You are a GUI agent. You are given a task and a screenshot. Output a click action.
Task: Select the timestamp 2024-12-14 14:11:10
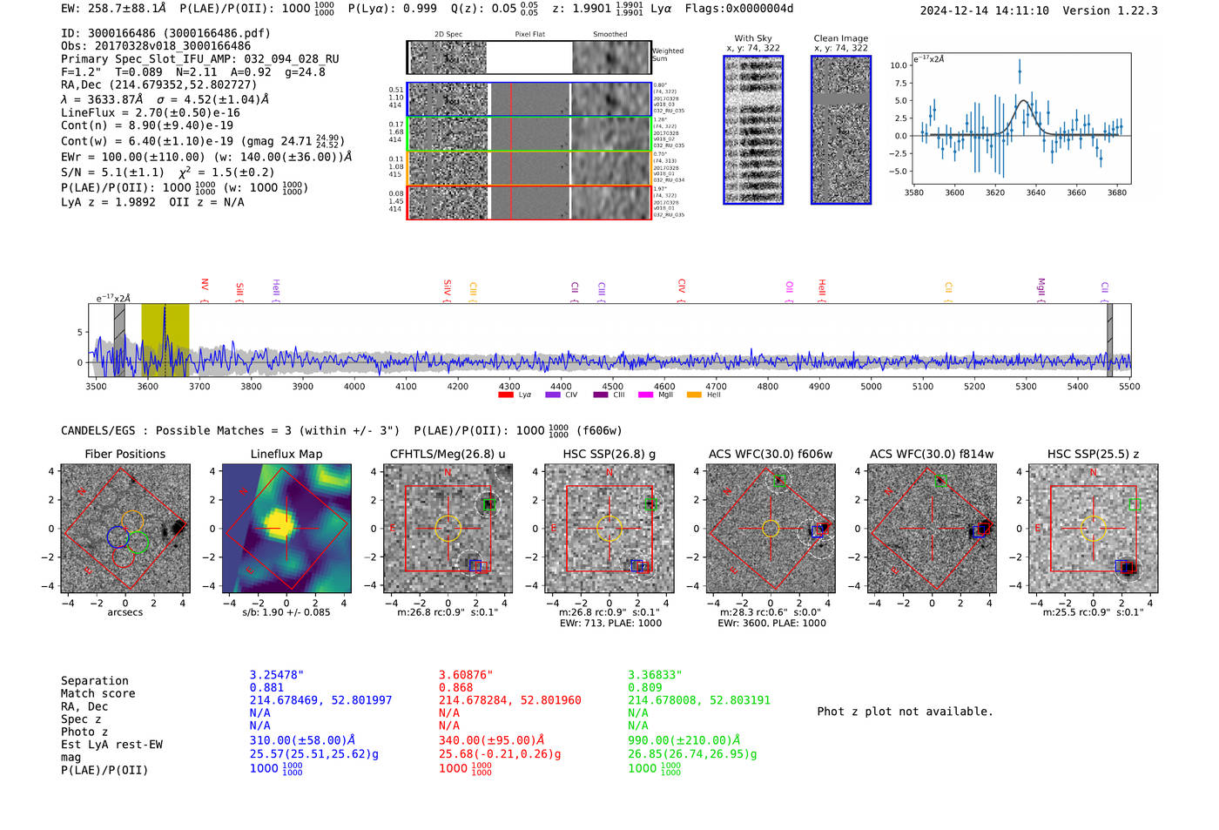984,10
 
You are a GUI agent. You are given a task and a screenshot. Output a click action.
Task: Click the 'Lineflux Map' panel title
286,454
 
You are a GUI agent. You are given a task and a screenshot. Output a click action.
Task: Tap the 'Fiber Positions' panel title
125,454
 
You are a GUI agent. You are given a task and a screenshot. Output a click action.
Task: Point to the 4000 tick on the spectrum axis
354,386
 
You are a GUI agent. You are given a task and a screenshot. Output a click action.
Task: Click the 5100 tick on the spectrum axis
923,386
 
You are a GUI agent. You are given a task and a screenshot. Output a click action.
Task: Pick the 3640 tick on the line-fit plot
1035,192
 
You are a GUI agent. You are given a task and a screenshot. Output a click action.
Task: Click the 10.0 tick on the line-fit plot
899,65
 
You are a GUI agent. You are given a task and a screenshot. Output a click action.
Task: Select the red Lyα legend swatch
506,395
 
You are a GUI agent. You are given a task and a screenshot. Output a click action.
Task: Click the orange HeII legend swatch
694,395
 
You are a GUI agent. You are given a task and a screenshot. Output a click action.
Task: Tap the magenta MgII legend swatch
646,395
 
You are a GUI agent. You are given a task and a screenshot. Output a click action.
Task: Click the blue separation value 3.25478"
277,675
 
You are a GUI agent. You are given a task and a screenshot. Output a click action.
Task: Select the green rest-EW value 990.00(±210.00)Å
684,740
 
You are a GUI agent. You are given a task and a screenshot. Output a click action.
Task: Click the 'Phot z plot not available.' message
905,712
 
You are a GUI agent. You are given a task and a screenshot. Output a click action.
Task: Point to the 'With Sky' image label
753,38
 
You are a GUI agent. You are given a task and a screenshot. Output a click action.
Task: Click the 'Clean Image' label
840,38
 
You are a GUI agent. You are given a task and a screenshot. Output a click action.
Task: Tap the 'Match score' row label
98,693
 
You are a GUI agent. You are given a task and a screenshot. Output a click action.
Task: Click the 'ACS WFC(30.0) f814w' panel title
932,454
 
